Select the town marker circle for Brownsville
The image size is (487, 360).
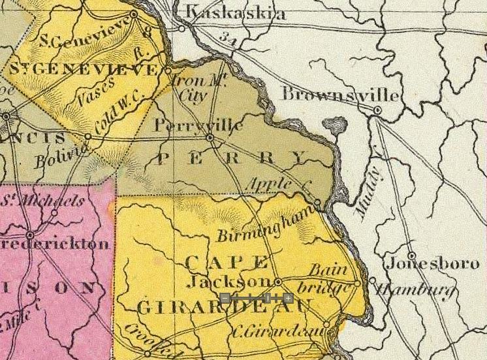377,111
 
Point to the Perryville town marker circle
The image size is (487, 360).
209,138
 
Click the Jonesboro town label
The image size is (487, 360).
432,265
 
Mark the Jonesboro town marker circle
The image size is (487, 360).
411,255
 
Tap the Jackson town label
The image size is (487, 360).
227,282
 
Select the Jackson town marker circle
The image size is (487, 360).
278,282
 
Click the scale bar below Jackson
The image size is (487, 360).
257,299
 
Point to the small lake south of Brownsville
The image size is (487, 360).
336,124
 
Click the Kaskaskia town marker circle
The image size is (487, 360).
182,28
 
